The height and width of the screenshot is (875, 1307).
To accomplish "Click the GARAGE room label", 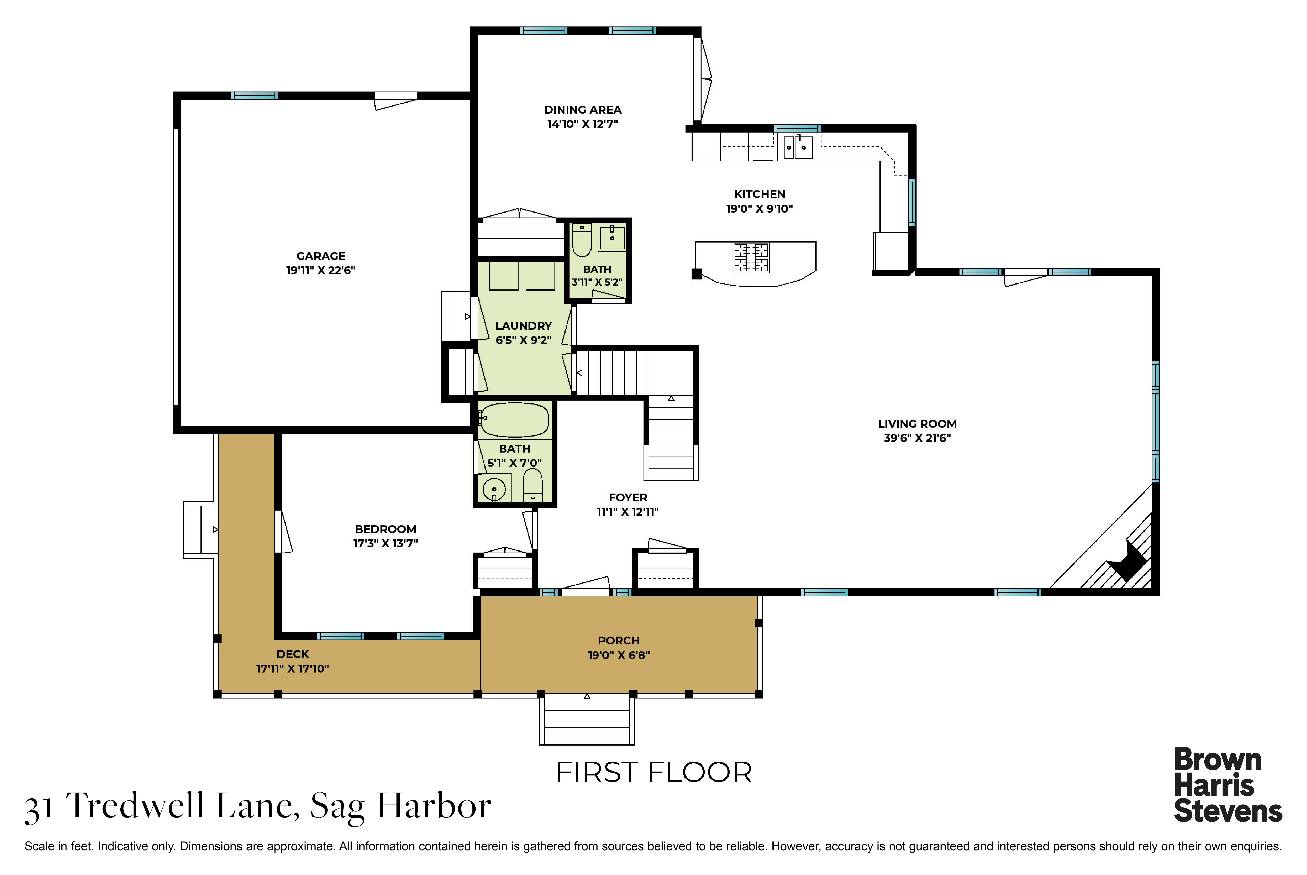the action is [321, 256].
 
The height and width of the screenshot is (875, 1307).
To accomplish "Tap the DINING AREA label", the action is [583, 110].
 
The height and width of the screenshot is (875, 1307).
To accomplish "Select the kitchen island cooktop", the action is [751, 257].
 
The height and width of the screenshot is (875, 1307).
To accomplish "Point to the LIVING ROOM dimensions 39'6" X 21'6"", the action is [917, 438].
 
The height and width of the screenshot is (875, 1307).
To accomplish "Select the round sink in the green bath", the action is [494, 489].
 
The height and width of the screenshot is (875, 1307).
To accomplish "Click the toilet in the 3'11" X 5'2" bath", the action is [582, 239].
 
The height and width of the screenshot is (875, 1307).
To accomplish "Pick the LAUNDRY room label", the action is [523, 326].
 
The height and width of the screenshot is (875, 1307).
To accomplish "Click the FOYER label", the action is [628, 497].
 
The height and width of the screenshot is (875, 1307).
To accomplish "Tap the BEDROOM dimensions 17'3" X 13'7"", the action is [385, 543].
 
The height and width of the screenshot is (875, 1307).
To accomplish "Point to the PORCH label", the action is [619, 641].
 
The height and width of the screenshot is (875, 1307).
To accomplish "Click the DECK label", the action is [293, 654].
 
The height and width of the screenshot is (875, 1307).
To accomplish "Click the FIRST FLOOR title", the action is [654, 773].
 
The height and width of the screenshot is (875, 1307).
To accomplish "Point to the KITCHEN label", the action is [760, 194].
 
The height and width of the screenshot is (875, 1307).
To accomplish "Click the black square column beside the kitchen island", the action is [697, 274].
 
